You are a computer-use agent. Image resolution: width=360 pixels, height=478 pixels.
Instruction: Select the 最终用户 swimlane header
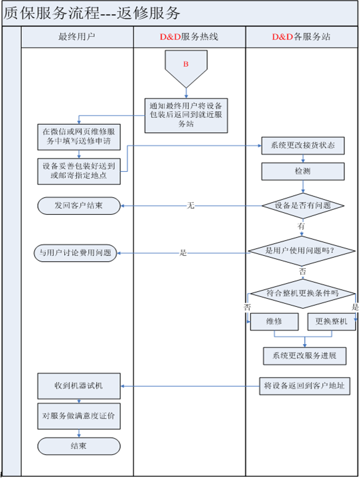pyautogui.click(x=76, y=37)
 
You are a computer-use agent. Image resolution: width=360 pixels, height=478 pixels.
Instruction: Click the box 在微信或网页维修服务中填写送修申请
pyautogui.click(x=78, y=137)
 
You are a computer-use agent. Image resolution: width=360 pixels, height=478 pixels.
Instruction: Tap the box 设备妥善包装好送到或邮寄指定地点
pyautogui.click(x=78, y=171)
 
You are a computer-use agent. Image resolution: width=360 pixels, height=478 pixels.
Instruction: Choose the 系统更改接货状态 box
pyautogui.click(x=303, y=146)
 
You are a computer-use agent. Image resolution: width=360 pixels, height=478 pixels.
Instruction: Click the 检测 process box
pyautogui.click(x=303, y=171)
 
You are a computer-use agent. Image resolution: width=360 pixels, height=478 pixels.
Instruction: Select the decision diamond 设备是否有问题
pyautogui.click(x=302, y=205)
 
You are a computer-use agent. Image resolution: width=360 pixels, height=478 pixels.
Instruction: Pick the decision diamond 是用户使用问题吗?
pyautogui.click(x=302, y=252)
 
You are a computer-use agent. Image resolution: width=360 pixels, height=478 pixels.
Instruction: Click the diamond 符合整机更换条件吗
pyautogui.click(x=302, y=293)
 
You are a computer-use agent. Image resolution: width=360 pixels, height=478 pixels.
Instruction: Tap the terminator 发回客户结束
pyautogui.click(x=78, y=205)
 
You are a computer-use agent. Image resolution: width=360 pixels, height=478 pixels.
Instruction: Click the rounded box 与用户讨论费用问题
pyautogui.click(x=75, y=253)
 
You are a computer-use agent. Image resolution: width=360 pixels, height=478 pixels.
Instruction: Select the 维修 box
pyautogui.click(x=274, y=322)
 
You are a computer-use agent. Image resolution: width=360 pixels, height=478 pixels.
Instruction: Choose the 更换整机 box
pyautogui.click(x=331, y=322)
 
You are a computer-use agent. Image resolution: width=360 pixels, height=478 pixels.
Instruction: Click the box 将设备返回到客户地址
pyautogui.click(x=305, y=386)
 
